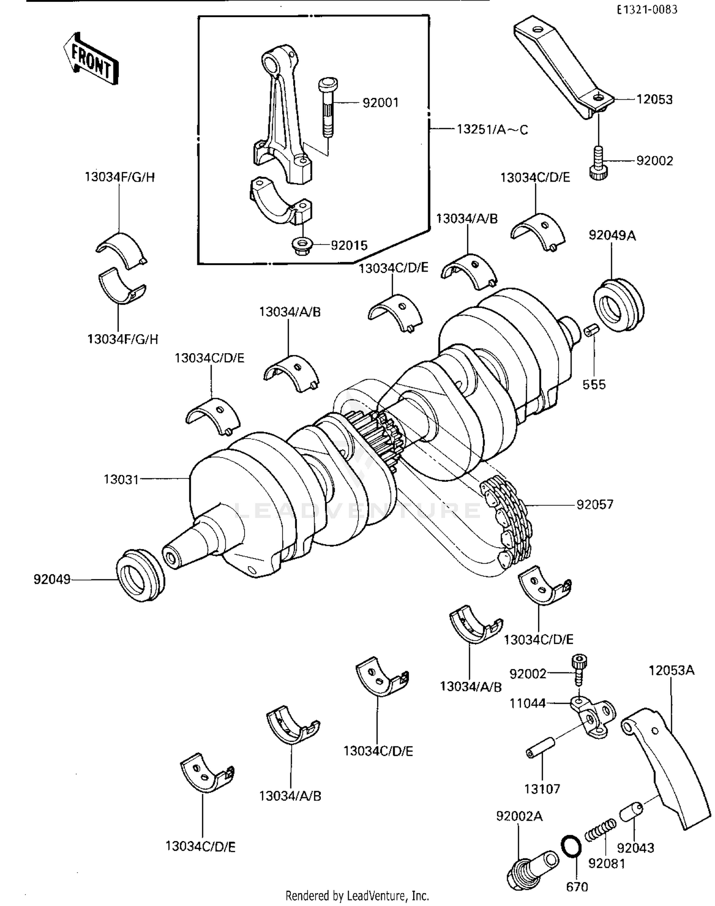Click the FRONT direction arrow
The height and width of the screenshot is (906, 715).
(91, 60)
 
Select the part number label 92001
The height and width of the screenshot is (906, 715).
(380, 103)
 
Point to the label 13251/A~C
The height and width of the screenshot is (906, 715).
(492, 130)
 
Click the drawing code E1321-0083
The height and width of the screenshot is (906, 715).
(647, 9)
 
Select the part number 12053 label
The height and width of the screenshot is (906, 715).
(654, 100)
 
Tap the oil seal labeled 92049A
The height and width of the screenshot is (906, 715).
(619, 305)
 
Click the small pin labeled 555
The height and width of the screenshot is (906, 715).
(592, 329)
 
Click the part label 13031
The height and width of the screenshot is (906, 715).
(121, 479)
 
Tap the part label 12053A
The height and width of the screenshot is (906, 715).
(671, 671)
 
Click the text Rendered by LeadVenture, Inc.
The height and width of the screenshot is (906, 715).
(357, 896)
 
